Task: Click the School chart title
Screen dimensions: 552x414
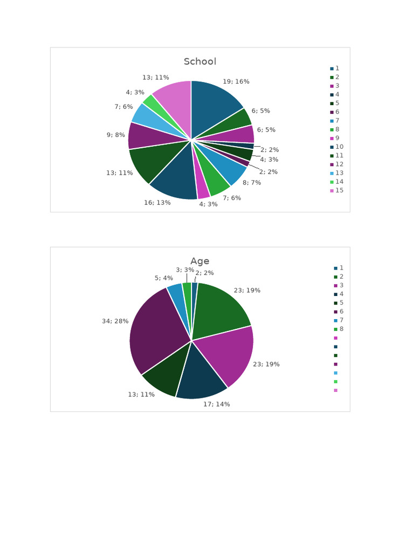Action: click(199, 61)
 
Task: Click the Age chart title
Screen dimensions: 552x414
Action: click(199, 261)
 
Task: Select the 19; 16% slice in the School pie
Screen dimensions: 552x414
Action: click(216, 105)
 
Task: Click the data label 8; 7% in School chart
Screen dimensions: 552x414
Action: click(252, 183)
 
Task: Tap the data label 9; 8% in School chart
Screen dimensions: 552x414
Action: click(115, 135)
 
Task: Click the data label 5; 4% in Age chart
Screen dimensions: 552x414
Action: click(164, 278)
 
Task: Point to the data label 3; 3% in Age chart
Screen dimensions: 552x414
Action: click(185, 270)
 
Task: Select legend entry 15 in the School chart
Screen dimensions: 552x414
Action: click(339, 190)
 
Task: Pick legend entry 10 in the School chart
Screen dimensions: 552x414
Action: click(339, 147)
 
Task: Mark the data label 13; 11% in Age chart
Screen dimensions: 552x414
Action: click(141, 395)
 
